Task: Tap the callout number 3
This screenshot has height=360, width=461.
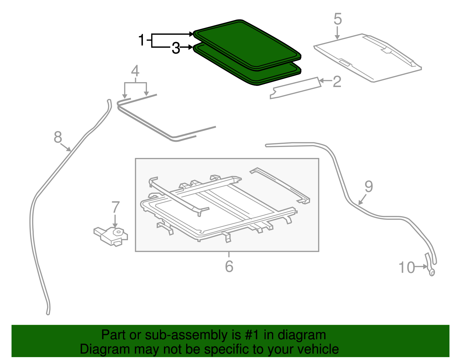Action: (x=176, y=48)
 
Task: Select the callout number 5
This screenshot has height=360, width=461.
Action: (x=338, y=19)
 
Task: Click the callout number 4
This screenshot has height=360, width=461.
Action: (x=135, y=71)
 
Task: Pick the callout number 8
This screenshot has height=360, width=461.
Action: (x=58, y=137)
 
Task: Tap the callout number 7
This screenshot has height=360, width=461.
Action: (x=115, y=207)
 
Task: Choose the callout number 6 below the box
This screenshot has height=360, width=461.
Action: (x=229, y=266)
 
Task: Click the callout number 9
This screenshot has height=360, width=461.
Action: (x=369, y=186)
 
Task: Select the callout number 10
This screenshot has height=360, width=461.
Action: (x=407, y=267)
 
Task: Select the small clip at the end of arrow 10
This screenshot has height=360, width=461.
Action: (x=432, y=272)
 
